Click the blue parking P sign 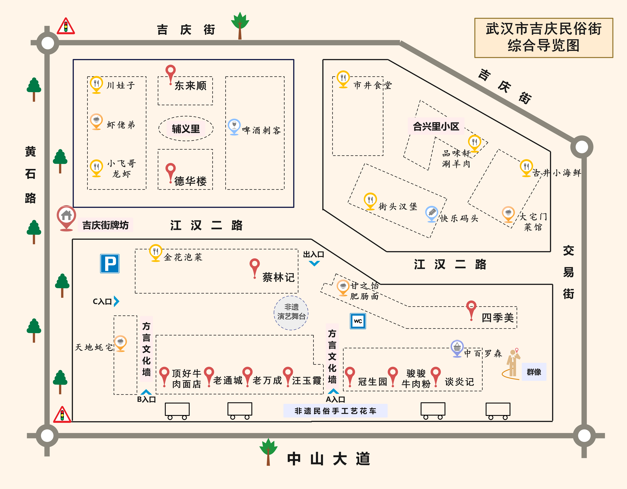(110, 263)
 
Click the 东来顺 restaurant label (190, 86)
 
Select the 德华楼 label (190, 181)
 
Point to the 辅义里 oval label (186, 129)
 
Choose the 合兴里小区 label (436, 126)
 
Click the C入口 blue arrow (116, 301)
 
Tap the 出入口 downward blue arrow (314, 263)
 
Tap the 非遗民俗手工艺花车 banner (335, 411)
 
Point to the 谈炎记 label (459, 382)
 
